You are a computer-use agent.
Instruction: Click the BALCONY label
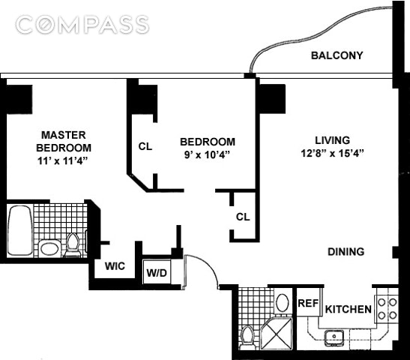click(x=337, y=55)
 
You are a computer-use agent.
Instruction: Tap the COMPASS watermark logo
click(x=82, y=25)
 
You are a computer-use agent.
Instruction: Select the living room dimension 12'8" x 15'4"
click(x=332, y=153)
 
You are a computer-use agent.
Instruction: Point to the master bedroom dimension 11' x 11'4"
click(x=62, y=160)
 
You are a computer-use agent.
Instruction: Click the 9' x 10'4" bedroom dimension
click(x=207, y=154)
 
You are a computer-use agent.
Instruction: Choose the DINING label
click(x=346, y=252)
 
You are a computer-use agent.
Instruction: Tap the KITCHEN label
click(x=349, y=309)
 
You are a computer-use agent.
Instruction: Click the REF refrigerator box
click(x=309, y=302)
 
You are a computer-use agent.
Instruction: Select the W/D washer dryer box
click(x=157, y=271)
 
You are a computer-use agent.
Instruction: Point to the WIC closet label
click(x=115, y=266)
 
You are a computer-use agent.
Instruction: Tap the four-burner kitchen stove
click(x=387, y=309)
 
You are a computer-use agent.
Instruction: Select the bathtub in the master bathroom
click(x=20, y=230)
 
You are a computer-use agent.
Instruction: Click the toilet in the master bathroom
click(x=73, y=245)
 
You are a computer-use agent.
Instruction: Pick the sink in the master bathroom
click(x=49, y=248)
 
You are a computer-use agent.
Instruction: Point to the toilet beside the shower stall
click(x=247, y=337)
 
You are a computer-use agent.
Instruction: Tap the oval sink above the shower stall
click(x=283, y=303)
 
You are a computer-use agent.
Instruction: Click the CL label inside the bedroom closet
click(x=145, y=146)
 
